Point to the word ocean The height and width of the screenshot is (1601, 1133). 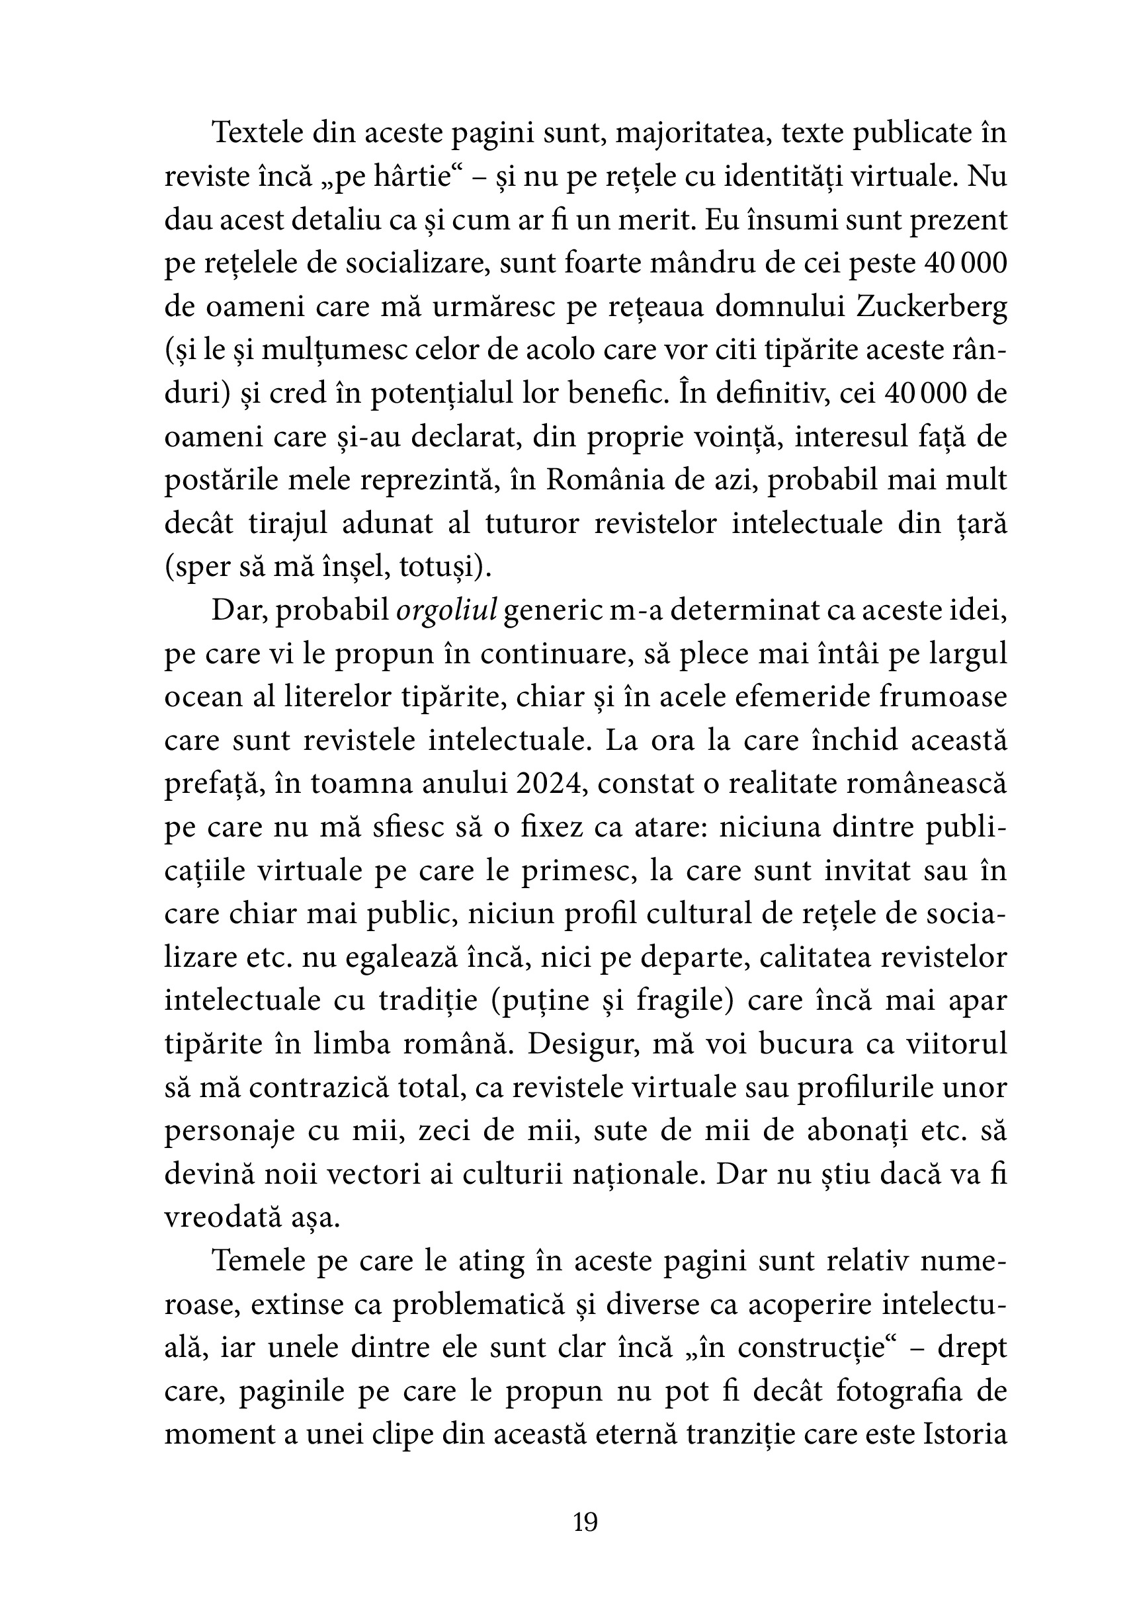198,698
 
